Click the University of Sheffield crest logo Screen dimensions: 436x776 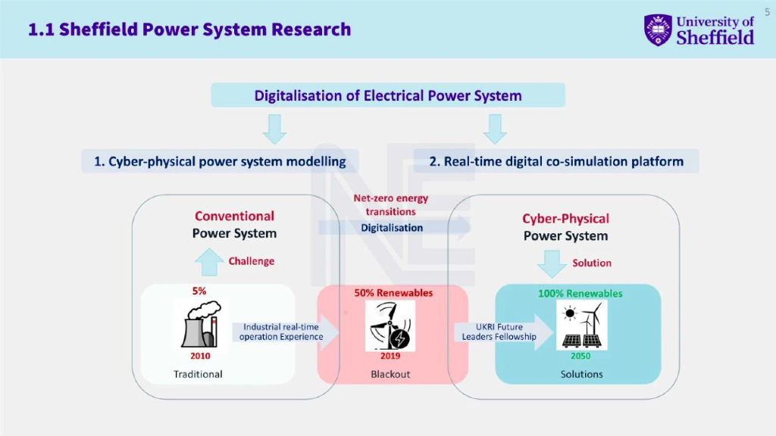(658, 30)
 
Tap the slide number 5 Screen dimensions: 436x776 (767, 11)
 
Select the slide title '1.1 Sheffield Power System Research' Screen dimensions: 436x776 (189, 30)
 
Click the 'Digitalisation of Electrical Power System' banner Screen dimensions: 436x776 (388, 95)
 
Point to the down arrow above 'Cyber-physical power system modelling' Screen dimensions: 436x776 (274, 129)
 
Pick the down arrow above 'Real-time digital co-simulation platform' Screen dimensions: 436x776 (495, 129)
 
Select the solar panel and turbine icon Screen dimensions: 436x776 (581, 325)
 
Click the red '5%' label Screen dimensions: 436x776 (199, 291)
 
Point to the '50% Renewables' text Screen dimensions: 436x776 (393, 292)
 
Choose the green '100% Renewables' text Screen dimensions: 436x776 (580, 293)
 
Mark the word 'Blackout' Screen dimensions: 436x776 (390, 374)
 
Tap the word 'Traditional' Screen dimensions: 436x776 (198, 374)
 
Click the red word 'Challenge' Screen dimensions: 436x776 (252, 261)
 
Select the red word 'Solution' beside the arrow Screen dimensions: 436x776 (592, 263)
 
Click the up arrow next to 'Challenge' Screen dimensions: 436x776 (209, 263)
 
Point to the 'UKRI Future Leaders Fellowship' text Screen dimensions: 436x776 (499, 332)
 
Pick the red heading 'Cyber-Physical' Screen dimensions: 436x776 (565, 219)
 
